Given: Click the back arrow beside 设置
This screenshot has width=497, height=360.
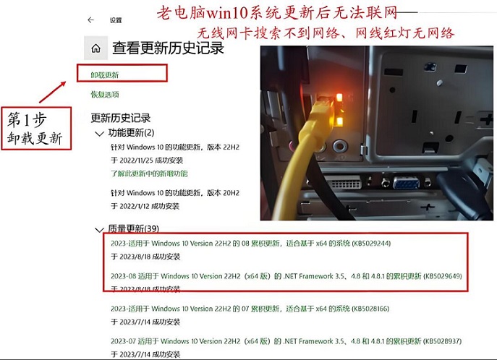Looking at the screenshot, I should tap(90, 20).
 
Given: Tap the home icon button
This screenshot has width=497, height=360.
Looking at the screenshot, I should tap(95, 48).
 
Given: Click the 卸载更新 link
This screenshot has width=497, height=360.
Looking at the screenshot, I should tap(104, 74).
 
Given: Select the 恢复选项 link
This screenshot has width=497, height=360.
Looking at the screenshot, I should tap(104, 95).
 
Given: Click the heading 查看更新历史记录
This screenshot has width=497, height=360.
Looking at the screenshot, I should tap(168, 48).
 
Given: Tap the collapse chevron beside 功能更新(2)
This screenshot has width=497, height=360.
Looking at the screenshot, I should tap(99, 134).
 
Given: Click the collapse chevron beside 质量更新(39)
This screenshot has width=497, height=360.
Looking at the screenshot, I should tap(99, 230).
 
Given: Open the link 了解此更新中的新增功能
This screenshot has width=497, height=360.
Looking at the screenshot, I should tap(149, 173).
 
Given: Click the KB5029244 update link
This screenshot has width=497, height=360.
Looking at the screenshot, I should tap(250, 244).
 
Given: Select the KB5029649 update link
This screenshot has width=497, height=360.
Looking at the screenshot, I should tap(286, 276).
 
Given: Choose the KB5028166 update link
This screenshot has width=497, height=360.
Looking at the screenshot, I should tap(250, 309).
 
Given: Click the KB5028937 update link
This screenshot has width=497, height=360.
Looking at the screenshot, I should tap(286, 340).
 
